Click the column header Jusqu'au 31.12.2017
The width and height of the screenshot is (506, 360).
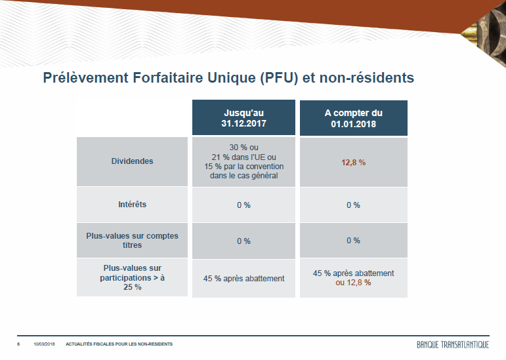click(x=243, y=117)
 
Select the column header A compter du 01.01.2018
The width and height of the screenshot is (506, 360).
click(x=353, y=118)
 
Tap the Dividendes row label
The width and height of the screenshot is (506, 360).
click(x=132, y=161)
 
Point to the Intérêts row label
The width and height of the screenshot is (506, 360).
click(x=132, y=205)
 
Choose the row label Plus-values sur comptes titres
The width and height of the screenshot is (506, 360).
click(x=132, y=241)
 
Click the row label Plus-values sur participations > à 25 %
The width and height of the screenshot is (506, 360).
click(x=132, y=277)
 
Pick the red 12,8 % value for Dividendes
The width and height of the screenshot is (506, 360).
click(x=353, y=163)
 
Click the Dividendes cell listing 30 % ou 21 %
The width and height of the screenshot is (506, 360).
click(x=243, y=161)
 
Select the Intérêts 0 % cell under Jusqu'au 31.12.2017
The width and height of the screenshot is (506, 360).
click(x=243, y=205)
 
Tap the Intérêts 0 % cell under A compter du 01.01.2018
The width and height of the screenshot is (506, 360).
click(x=353, y=205)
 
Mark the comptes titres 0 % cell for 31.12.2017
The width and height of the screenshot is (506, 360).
click(x=243, y=241)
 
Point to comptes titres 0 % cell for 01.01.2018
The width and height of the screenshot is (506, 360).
click(x=353, y=241)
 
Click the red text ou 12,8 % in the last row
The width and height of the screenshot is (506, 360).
click(x=353, y=283)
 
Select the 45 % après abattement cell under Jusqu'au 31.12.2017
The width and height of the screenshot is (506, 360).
click(x=243, y=279)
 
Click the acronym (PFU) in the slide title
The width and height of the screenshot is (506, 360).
click(x=279, y=78)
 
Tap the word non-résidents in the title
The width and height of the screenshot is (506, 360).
click(x=367, y=77)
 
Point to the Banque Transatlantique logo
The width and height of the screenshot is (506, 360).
click(x=453, y=344)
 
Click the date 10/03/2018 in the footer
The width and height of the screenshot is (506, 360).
click(x=44, y=344)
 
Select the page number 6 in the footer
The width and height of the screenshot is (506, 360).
click(x=18, y=344)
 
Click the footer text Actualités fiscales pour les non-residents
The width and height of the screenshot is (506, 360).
click(x=119, y=344)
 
